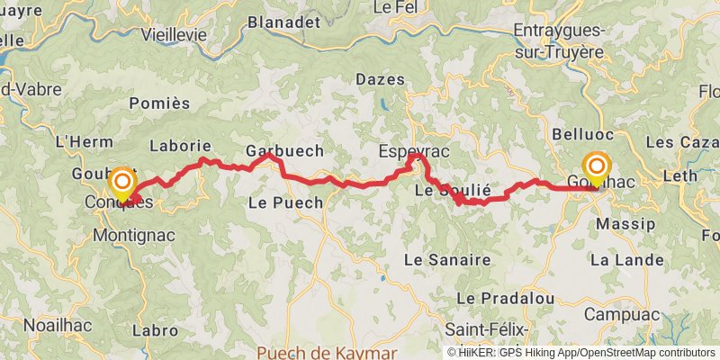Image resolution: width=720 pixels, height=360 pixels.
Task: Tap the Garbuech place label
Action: tap(285, 149)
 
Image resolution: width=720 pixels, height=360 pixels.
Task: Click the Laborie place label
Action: tap(181, 145)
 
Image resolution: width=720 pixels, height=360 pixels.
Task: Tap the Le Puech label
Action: tap(284, 202)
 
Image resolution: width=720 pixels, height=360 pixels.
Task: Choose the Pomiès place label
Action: tap(159, 103)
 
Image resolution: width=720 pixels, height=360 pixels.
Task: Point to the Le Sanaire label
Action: tap(447, 259)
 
